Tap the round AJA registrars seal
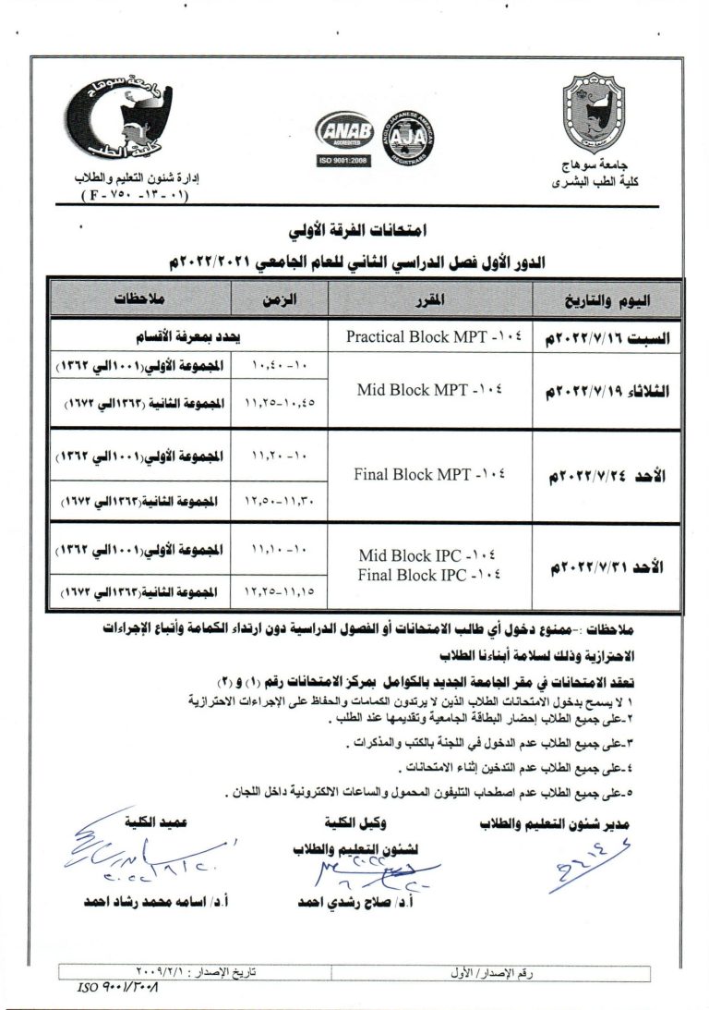[407, 140]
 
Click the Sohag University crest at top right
[600, 118]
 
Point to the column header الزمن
[282, 299]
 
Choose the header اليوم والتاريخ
[606, 299]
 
